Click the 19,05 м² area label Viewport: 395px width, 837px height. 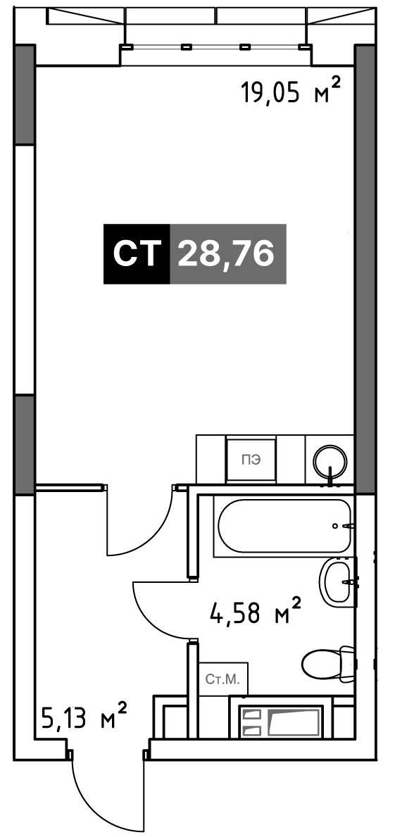290,92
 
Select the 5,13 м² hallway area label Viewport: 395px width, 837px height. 84,719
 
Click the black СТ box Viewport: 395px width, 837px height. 137,253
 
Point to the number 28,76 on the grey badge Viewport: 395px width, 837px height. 226,253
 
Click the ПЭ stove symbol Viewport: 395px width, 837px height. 251,460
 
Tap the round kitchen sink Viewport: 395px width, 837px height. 330,460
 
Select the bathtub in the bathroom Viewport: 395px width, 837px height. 283,527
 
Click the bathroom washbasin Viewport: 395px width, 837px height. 337,582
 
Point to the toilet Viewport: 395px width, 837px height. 327,662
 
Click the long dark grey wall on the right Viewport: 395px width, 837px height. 365,270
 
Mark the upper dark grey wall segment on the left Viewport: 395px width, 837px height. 25,95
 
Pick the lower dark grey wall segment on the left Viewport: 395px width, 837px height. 25,445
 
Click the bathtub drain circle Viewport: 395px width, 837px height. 335,526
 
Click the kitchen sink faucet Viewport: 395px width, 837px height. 331,475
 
